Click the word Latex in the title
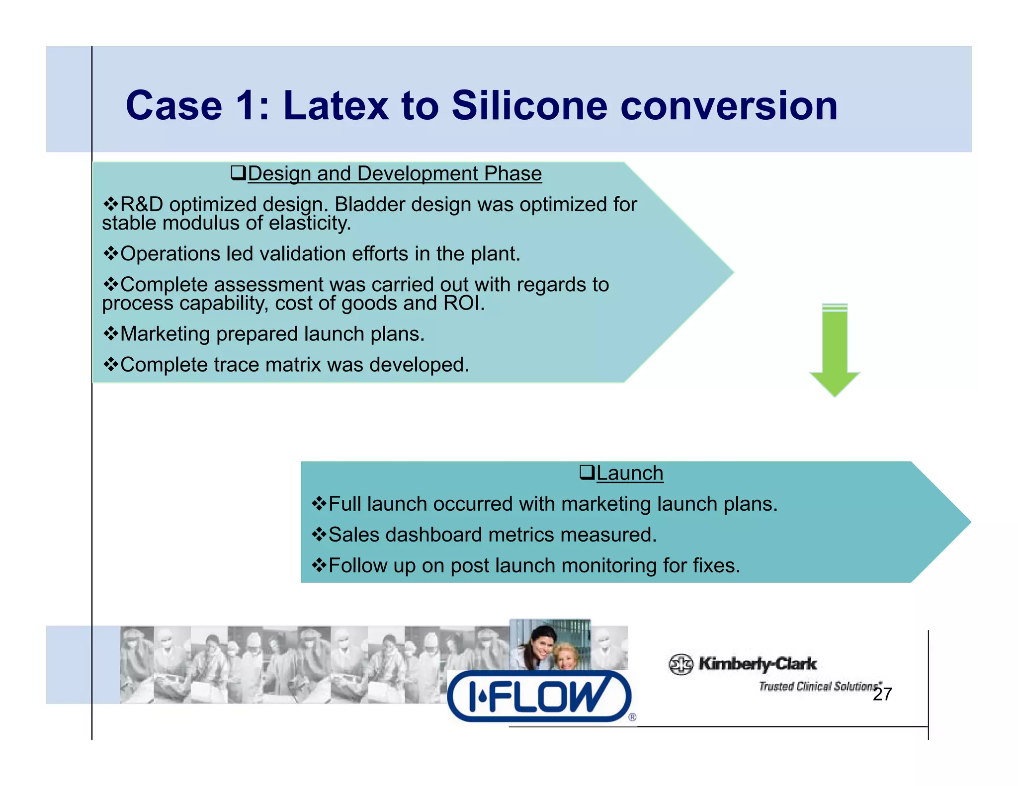336,105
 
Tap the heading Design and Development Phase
394,174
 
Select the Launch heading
629,473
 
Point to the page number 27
882,694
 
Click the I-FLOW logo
539,696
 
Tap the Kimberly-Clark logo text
757,663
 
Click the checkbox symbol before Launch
587,472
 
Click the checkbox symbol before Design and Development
238,173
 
